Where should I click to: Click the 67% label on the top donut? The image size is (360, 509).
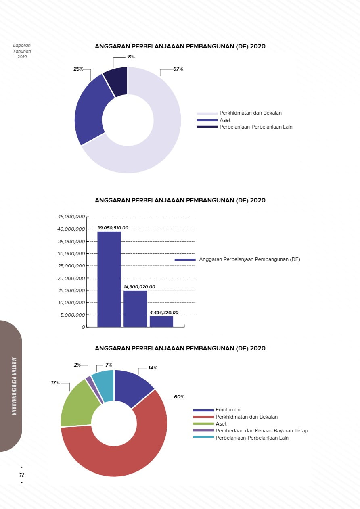pos(178,69)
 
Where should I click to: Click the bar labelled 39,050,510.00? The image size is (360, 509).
pos(109,278)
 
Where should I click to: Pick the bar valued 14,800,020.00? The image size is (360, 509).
pos(135,308)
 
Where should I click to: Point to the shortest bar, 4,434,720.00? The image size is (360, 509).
pos(161,321)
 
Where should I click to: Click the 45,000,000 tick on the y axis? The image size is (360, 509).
pos(71,217)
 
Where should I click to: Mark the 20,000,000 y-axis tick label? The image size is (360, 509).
pos(71,278)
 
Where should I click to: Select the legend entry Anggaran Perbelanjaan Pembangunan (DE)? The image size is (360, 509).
pos(249,259)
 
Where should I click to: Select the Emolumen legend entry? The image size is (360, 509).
pos(228,410)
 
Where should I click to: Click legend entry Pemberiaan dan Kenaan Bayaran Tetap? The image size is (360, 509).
pos(262,431)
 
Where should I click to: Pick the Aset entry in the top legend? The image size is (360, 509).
pos(225,120)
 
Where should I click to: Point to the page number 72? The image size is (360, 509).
pos(22,475)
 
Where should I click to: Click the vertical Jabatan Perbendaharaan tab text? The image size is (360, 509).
pos(14,386)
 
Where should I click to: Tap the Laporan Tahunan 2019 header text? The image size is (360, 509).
pos(22,51)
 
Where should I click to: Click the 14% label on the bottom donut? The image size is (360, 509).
pos(153,368)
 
